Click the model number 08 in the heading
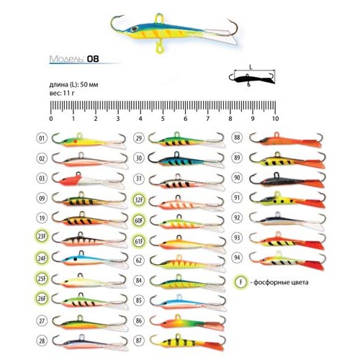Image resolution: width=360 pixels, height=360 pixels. click(x=93, y=59)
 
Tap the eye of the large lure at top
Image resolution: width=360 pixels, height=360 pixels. click(x=134, y=30)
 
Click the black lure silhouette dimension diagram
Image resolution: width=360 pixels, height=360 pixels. click(x=252, y=78)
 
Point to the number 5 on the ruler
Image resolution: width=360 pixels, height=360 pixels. click(x=163, y=118)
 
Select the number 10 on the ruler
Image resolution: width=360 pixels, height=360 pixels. click(x=275, y=118)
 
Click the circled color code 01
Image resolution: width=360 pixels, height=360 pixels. click(x=42, y=138)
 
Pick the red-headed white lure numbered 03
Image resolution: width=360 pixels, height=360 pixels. click(x=89, y=181)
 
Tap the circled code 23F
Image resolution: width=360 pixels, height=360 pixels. click(x=42, y=237)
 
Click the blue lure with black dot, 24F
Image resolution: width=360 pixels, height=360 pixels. click(x=90, y=259)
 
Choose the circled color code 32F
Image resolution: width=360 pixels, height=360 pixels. click(x=139, y=199)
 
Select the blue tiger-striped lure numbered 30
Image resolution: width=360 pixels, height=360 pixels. click(x=186, y=160)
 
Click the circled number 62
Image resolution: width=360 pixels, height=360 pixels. click(x=139, y=261)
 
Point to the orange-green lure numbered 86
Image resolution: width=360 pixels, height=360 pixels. click(x=187, y=323)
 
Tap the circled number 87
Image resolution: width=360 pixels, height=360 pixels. click(x=139, y=341)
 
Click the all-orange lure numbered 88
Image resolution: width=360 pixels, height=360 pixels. click(x=286, y=140)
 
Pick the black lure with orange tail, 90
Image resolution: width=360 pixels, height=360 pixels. click(x=287, y=180)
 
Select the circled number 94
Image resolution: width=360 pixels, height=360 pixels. click(x=237, y=258)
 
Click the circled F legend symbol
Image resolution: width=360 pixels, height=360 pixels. click(x=240, y=282)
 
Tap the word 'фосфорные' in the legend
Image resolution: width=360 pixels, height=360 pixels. click(x=271, y=282)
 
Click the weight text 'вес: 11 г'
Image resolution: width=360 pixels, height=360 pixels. click(x=62, y=93)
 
